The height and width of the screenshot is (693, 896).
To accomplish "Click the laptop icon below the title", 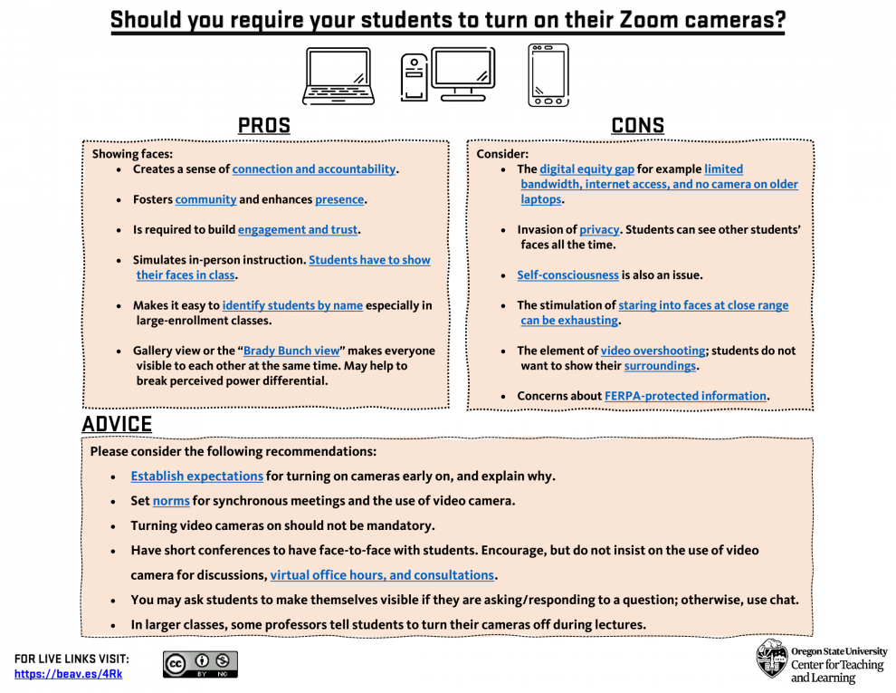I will click(x=338, y=76).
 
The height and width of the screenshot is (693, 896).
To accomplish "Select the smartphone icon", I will click(x=548, y=75).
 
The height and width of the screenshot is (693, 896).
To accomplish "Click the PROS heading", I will click(x=264, y=126).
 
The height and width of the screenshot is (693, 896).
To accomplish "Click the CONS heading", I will click(x=637, y=126).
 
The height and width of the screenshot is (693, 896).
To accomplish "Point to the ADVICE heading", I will click(x=117, y=424).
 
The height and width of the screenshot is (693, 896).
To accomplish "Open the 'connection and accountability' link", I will click(x=314, y=169).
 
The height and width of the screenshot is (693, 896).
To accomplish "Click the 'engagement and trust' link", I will click(x=298, y=230).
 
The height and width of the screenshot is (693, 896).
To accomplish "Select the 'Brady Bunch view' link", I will click(x=291, y=351).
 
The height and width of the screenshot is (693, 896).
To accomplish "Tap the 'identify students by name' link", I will click(x=292, y=305).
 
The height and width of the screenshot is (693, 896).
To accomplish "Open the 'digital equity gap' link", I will click(x=586, y=169).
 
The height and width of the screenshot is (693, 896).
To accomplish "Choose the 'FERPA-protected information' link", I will click(x=685, y=396).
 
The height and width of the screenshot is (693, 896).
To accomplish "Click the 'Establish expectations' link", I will click(x=196, y=476).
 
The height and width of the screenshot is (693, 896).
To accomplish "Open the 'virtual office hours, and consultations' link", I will click(x=382, y=575).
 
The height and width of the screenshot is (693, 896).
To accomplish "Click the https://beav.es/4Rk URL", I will click(x=68, y=674).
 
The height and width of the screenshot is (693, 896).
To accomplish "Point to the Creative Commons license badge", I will click(x=200, y=664).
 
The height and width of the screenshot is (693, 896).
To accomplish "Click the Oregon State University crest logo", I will click(x=771, y=659).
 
